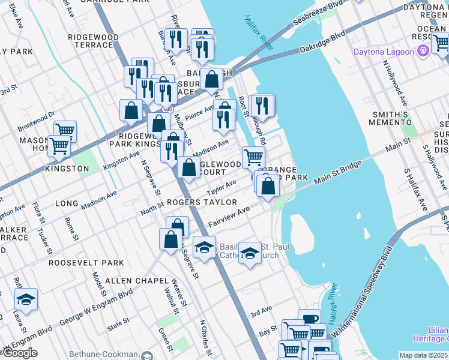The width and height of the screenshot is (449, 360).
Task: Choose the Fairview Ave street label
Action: click(229, 218)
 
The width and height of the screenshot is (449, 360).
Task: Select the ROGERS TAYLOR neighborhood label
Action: click(202, 203)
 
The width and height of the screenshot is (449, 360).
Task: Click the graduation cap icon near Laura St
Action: click(26, 298)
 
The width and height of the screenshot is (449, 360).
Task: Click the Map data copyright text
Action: click(423, 355)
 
